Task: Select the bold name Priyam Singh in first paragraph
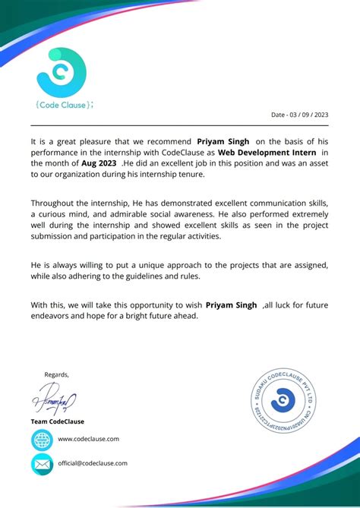[223, 141]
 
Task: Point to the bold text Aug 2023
[99, 162]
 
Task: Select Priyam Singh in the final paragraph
[232, 304]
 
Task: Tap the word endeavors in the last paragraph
[53, 315]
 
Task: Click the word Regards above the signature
[56, 374]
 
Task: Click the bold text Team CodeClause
[58, 421]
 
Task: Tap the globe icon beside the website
[42, 440]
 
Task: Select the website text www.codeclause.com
[88, 439]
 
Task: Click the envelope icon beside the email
[42, 463]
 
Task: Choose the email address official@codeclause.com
[93, 462]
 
